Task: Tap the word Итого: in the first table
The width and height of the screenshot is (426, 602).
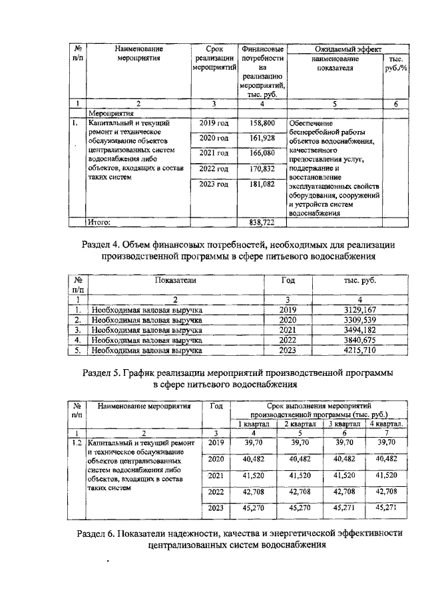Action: (103, 222)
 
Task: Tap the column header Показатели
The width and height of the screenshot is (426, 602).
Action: (176, 281)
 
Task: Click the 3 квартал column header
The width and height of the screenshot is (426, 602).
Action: (343, 424)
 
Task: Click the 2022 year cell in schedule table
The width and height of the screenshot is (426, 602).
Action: (216, 493)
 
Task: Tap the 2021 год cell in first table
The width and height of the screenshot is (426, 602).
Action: (214, 154)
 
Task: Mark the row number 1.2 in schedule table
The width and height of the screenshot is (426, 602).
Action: (77, 442)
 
